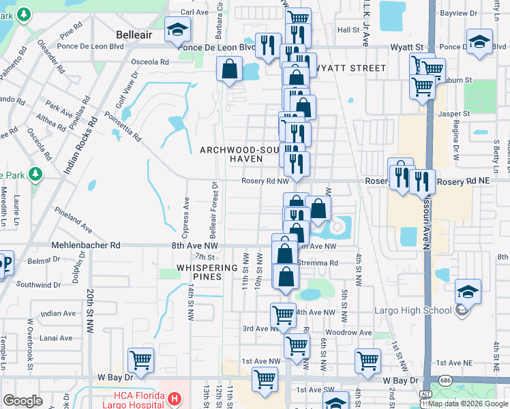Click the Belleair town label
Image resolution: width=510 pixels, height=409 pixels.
point(136,32)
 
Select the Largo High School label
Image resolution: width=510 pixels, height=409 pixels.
point(413,311)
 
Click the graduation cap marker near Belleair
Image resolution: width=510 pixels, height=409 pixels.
point(177,31)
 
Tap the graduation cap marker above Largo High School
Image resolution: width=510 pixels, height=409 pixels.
point(468,292)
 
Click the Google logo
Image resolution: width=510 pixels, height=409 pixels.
point(23,401)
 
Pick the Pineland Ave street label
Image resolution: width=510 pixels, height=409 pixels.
point(75,218)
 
